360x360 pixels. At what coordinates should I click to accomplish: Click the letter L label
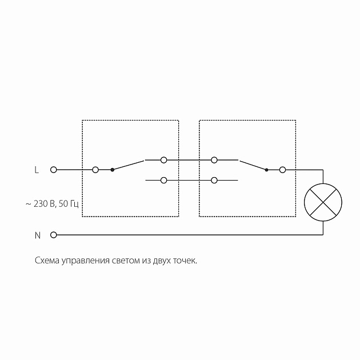coord(37,170)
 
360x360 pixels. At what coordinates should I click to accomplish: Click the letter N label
coord(38,235)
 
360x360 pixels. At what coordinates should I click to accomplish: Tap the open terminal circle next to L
coord(54,170)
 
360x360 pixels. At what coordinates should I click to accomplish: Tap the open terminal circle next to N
coord(54,235)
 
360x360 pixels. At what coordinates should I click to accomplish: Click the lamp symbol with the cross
coord(323,202)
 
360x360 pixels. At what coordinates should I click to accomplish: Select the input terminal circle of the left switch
coord(95,170)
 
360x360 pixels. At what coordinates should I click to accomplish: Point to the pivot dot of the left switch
coord(112,170)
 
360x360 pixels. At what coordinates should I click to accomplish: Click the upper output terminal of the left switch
coord(164,159)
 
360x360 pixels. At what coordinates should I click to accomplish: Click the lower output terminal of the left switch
coord(164,181)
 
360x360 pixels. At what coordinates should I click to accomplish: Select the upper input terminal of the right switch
coord(214,159)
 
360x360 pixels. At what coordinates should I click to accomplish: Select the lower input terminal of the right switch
coord(214,181)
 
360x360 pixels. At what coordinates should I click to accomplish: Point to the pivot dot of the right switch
coord(266,170)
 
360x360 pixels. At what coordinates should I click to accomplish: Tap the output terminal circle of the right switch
coord(282,170)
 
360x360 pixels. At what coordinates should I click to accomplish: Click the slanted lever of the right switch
coord(253,165)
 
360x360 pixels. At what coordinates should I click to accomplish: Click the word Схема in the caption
coord(47,261)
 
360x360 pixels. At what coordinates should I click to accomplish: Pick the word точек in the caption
coord(184,261)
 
